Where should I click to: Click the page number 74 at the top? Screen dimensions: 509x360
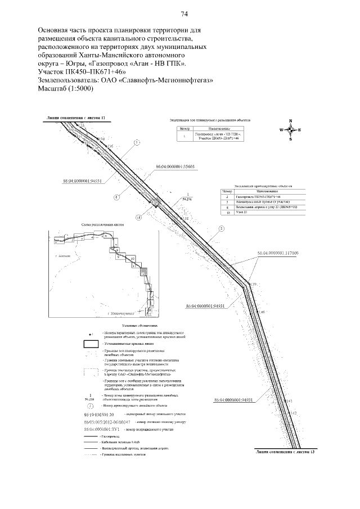183,14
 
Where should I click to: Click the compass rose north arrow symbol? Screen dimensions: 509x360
290,130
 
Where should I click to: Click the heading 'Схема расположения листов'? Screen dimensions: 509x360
103,224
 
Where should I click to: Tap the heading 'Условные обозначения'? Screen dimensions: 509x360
139,325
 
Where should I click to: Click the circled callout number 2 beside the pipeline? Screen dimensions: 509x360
222,228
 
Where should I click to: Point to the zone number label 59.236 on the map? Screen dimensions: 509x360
187,199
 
